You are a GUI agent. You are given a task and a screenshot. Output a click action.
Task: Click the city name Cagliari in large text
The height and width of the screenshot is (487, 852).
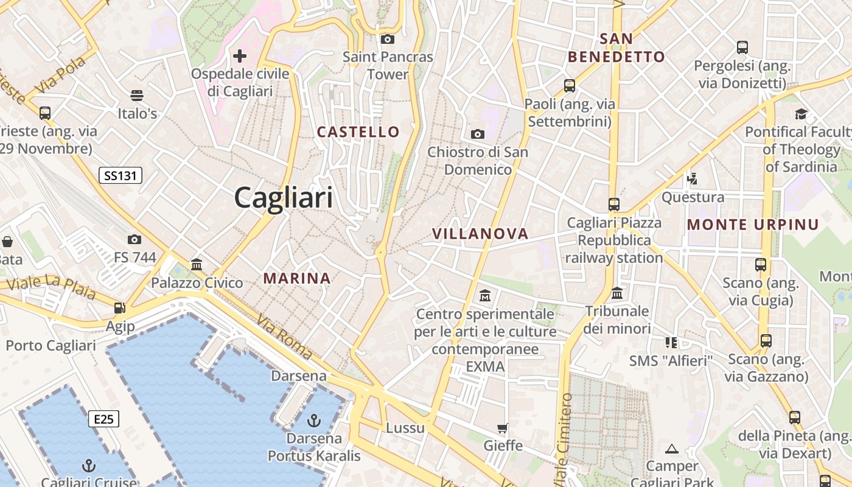[284, 198]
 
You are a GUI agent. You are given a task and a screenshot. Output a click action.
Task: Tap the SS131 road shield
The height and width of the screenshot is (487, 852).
[120, 176]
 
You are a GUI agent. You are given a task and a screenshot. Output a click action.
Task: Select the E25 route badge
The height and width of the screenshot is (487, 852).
[103, 419]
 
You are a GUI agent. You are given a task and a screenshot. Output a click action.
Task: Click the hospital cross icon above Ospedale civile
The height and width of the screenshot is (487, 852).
[240, 57]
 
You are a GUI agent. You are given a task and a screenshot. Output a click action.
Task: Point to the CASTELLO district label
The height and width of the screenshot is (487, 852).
[358, 132]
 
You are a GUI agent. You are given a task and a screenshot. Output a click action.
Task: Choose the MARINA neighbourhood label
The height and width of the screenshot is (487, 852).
[297, 279]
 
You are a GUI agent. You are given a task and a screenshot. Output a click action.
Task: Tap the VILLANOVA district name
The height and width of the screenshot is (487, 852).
[480, 234]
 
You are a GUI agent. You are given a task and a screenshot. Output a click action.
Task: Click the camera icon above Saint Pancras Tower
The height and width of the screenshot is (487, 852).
[387, 40]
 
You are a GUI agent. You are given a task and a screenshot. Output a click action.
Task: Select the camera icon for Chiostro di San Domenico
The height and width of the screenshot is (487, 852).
[478, 134]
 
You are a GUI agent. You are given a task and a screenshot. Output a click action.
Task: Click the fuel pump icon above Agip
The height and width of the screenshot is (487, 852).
[120, 308]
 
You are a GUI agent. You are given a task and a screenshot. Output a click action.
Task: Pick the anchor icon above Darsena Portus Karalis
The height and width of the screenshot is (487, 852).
[314, 420]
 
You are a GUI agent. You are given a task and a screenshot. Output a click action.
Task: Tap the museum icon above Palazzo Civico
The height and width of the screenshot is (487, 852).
[197, 264]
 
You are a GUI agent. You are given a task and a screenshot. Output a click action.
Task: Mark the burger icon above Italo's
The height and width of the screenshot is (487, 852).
[137, 96]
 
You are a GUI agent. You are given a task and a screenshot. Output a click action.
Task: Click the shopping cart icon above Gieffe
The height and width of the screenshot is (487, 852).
[503, 428]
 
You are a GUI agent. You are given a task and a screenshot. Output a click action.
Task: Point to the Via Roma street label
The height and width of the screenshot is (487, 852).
[284, 337]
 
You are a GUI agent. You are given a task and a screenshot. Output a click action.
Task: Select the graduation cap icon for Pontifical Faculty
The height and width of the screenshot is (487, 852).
[801, 114]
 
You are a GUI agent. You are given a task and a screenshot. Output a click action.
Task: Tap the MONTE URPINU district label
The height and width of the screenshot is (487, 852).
[753, 225]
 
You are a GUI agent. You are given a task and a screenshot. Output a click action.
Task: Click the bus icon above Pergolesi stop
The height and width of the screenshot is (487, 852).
[742, 47]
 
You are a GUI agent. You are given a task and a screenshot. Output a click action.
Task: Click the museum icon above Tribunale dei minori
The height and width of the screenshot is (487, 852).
[617, 293]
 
